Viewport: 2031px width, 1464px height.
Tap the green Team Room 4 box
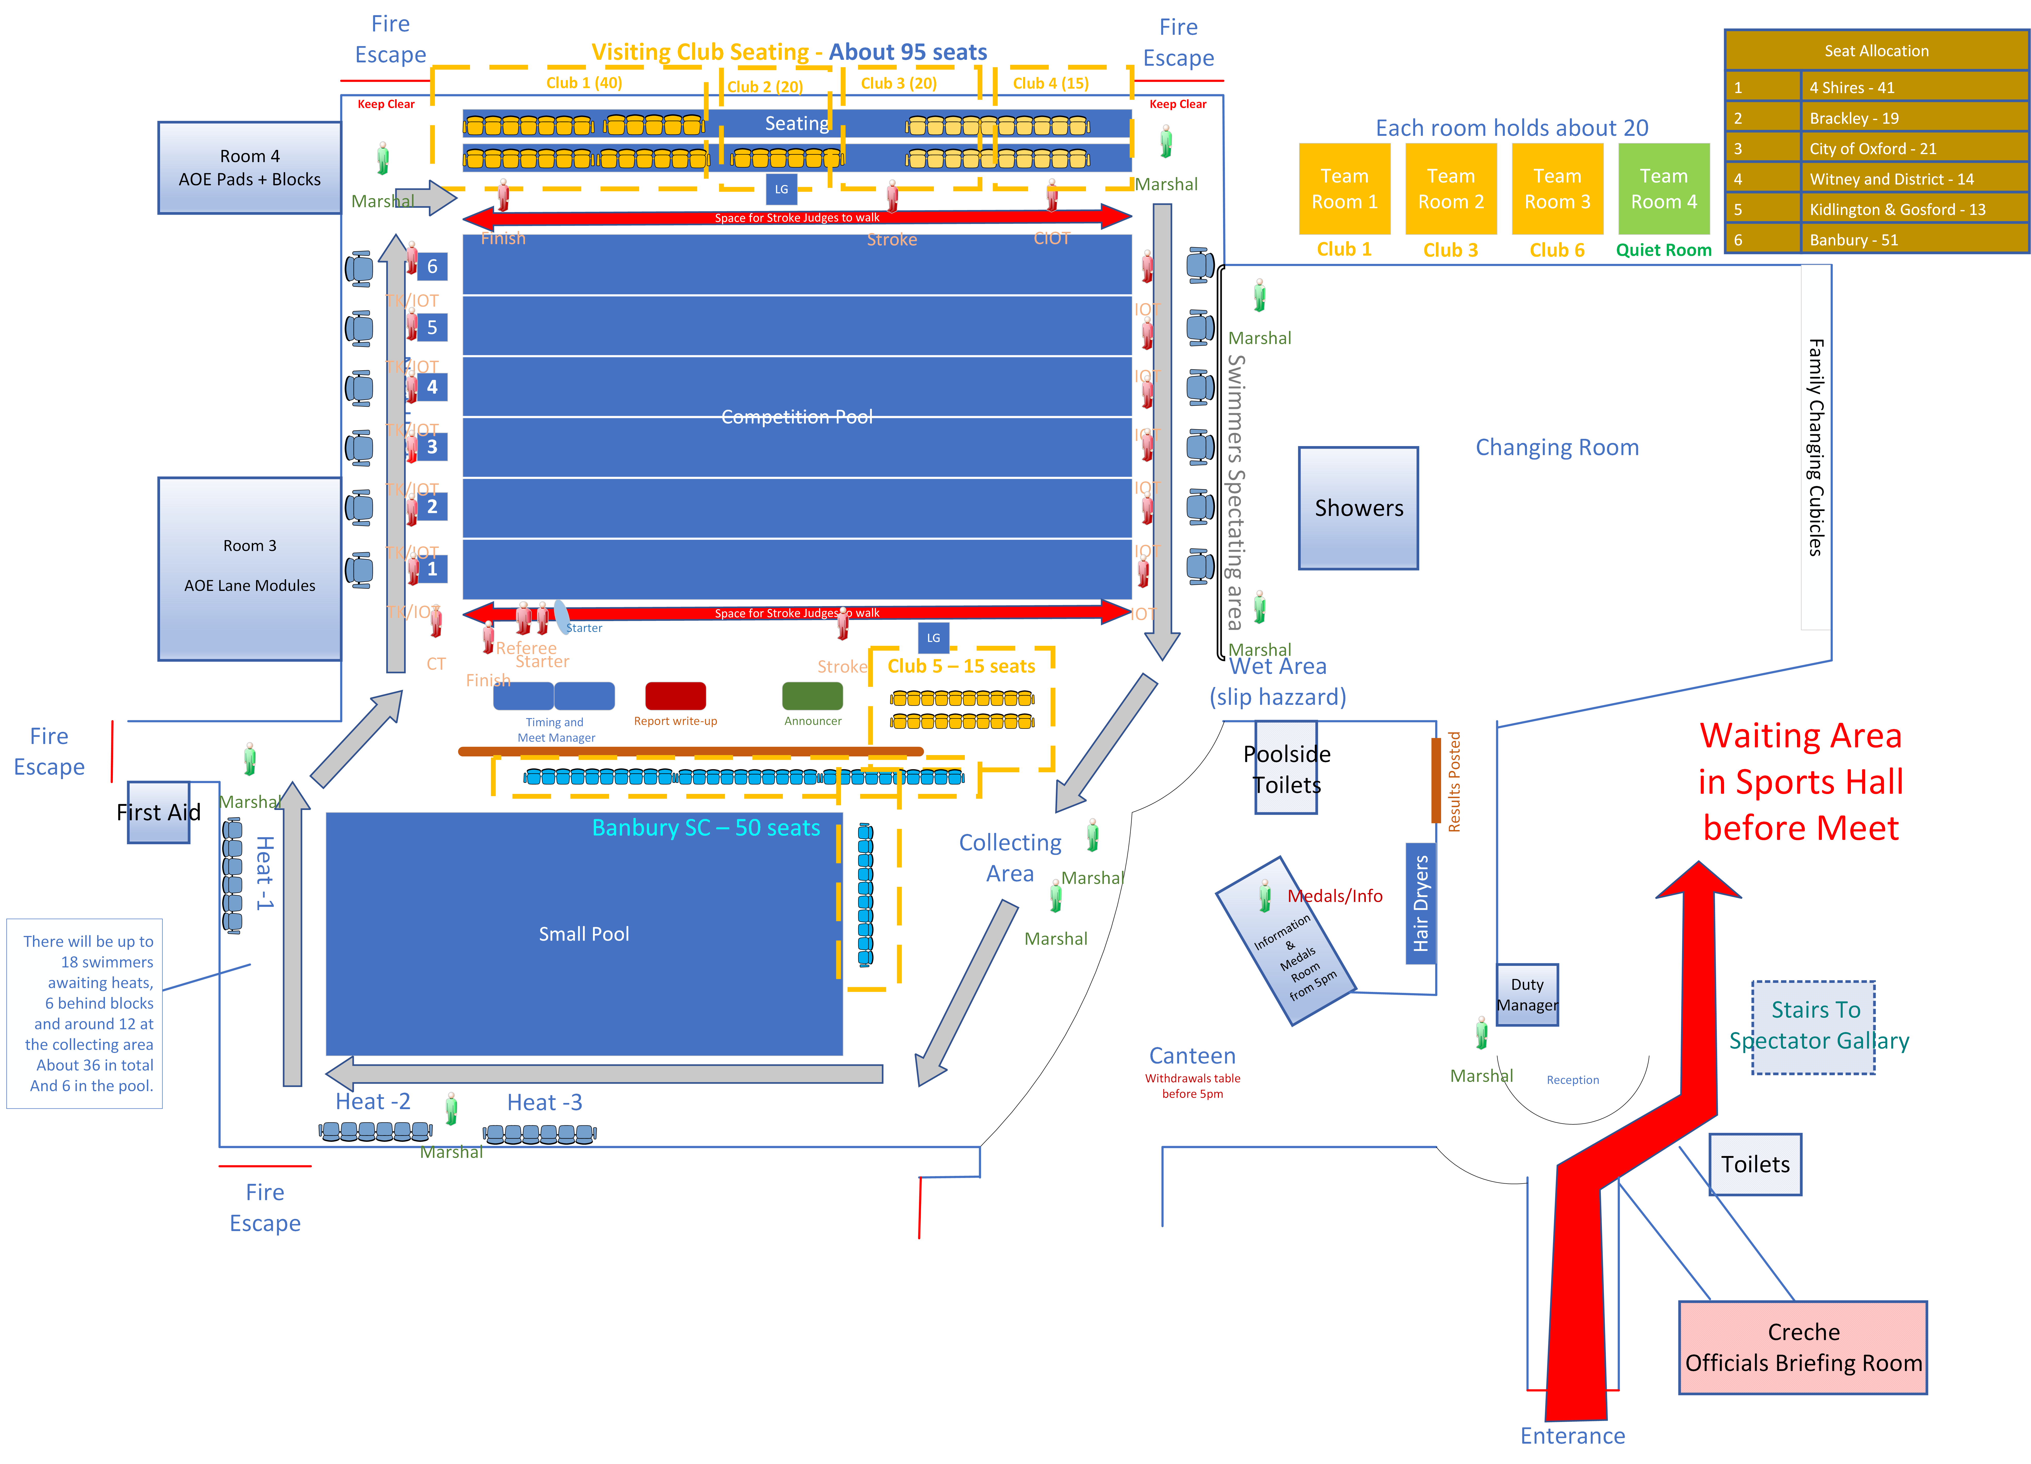click(1663, 189)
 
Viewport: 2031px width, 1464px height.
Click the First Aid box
click(158, 812)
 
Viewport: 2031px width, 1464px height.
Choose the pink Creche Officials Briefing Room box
click(1803, 1347)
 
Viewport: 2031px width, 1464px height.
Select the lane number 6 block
click(432, 266)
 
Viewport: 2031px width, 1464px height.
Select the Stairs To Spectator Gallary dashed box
click(1813, 1026)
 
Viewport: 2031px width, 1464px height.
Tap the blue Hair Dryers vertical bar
click(1420, 902)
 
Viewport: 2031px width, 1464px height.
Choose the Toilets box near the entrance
click(1755, 1164)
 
